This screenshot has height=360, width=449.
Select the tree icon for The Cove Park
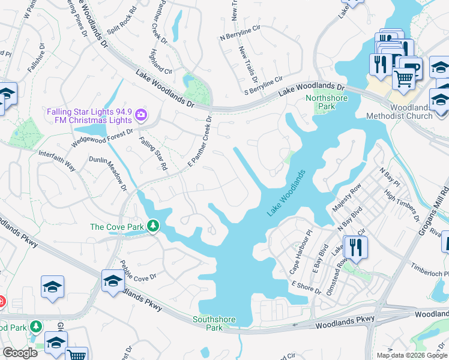(154, 226)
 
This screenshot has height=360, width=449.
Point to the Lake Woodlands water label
(286, 193)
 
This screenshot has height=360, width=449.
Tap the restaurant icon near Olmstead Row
(356, 248)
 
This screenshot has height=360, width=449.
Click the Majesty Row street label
(347, 198)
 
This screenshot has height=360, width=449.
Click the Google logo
(20, 353)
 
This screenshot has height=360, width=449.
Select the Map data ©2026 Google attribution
(411, 355)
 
